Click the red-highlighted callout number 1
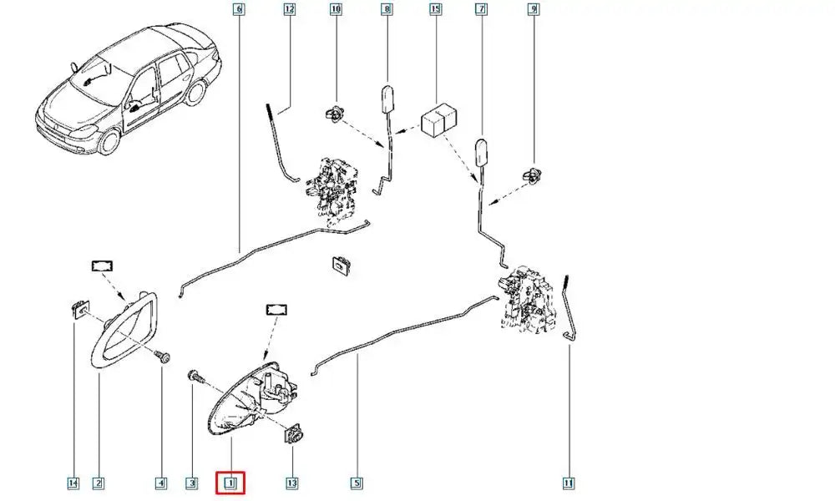pos(230,482)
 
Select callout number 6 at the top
pos(239,10)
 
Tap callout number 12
pos(290,10)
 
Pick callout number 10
pos(337,10)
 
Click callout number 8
pos(386,10)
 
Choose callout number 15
pos(435,10)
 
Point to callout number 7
pos(481,10)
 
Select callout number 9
pos(533,10)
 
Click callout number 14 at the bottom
pos(73,483)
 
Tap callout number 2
pos(98,483)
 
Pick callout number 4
pos(160,483)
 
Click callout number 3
pos(191,483)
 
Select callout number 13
pos(291,483)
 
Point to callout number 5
pos(357,483)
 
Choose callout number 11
pos(569,483)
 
